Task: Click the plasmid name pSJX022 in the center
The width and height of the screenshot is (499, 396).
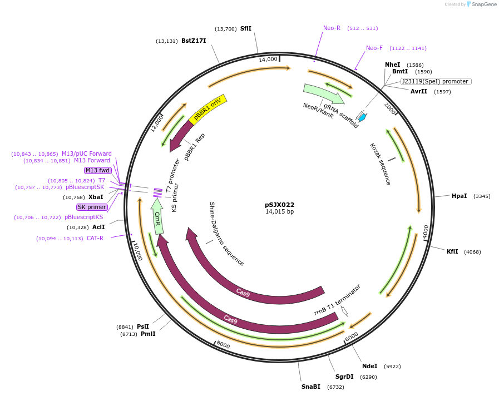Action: [x=279, y=205]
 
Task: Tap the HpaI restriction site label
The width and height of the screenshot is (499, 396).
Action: [x=459, y=196]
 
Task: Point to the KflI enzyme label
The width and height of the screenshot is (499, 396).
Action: [x=452, y=251]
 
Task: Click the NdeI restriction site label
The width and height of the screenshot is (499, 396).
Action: [x=369, y=366]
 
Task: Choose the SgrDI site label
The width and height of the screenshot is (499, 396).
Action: [x=344, y=377]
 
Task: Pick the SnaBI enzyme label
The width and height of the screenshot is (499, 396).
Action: [x=311, y=387]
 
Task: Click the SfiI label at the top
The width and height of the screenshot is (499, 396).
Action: [x=245, y=28]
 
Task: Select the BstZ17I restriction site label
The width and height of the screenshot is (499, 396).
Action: [x=194, y=41]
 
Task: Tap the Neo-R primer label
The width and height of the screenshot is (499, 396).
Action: [x=332, y=28]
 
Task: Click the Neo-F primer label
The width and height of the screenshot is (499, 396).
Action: [x=374, y=48]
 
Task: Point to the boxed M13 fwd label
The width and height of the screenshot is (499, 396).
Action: [x=97, y=170]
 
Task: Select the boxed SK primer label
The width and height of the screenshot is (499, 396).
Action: [x=92, y=207]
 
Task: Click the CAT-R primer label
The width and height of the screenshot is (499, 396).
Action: [x=95, y=238]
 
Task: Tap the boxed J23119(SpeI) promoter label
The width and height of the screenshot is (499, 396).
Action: [x=436, y=81]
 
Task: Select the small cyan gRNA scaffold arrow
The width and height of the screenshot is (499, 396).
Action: [x=362, y=117]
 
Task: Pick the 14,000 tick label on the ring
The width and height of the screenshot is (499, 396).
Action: [x=268, y=59]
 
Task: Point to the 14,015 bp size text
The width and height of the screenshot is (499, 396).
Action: [x=279, y=212]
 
